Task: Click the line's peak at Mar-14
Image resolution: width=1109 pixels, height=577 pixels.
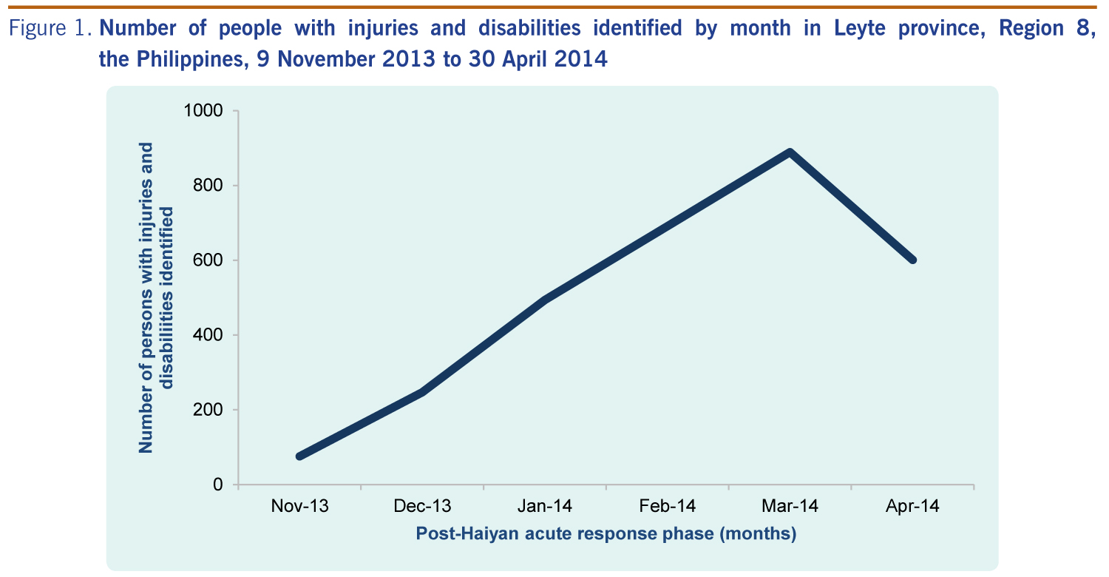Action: (790, 152)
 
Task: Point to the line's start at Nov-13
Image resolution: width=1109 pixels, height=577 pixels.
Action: (299, 456)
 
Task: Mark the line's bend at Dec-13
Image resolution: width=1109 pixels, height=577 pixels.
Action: (422, 391)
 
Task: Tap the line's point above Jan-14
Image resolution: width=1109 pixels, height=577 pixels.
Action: (545, 300)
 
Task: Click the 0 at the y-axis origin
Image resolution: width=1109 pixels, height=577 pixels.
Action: (218, 485)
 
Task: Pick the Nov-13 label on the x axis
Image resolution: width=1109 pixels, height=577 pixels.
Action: (299, 507)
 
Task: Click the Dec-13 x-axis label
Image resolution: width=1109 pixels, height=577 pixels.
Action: (422, 507)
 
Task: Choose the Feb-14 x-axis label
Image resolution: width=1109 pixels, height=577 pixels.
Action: (668, 507)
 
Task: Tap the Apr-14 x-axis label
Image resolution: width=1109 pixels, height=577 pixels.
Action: (912, 507)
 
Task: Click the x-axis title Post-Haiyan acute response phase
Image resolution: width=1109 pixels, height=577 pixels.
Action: (606, 533)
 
